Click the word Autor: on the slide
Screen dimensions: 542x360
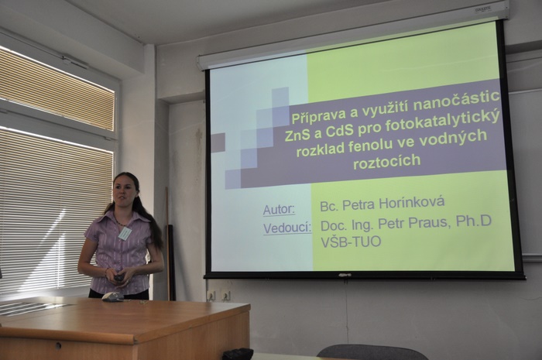279,209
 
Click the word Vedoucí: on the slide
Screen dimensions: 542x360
287,228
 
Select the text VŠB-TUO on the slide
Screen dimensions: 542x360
351,242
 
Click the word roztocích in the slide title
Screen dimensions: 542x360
386,162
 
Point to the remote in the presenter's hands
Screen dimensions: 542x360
119,278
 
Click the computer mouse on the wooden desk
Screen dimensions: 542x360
112,297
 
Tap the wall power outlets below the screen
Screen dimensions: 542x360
219,296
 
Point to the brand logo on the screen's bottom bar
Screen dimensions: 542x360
345,276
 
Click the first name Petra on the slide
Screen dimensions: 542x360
358,204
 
